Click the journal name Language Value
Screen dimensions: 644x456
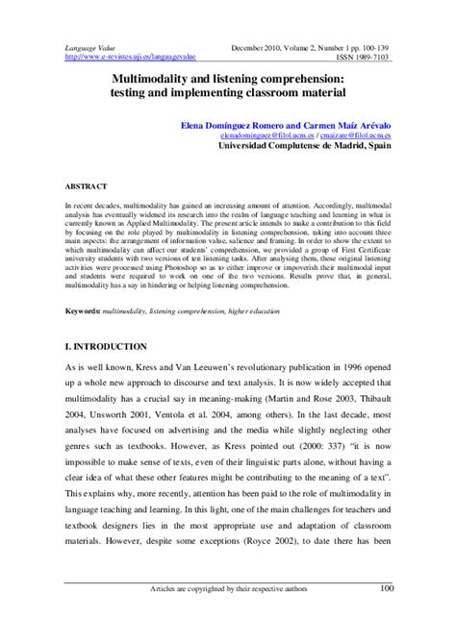click(x=89, y=46)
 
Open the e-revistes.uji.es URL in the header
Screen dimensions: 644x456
click(x=127, y=57)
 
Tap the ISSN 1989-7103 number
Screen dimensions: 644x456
click(x=363, y=57)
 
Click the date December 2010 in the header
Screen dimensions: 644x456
click(x=260, y=46)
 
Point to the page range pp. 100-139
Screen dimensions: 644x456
click(x=367, y=46)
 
